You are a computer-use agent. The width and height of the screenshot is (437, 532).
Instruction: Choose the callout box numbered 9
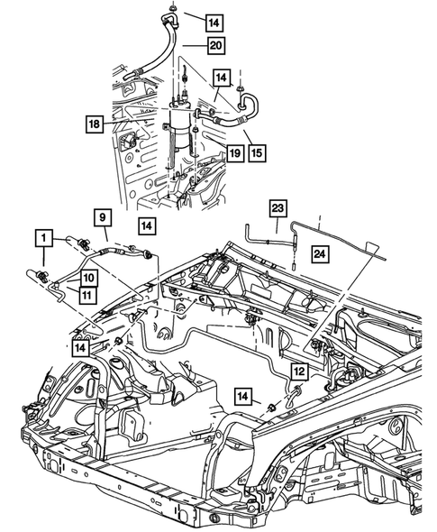(x=102, y=216)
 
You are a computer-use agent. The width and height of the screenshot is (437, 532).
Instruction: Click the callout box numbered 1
(x=41, y=238)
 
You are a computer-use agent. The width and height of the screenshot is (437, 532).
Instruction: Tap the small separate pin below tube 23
(x=294, y=267)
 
